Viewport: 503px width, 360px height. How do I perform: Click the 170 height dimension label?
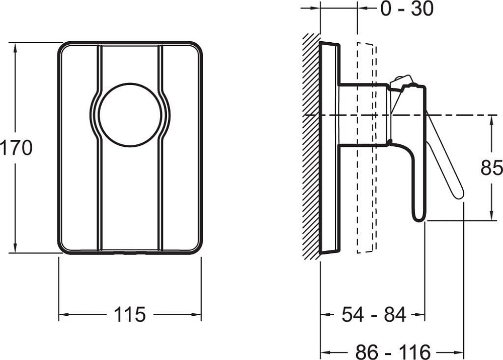click(x=16, y=148)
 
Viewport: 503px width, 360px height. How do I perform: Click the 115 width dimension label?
click(x=130, y=314)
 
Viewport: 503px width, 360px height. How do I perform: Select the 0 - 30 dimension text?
click(x=407, y=9)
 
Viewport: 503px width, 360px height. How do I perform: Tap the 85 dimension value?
click(x=492, y=167)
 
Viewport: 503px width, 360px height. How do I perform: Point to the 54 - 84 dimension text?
click(x=374, y=314)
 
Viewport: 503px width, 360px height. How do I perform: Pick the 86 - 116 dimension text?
click(x=393, y=352)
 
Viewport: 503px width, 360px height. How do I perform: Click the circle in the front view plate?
click(x=130, y=116)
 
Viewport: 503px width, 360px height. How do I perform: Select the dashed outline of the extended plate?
click(x=367, y=147)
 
